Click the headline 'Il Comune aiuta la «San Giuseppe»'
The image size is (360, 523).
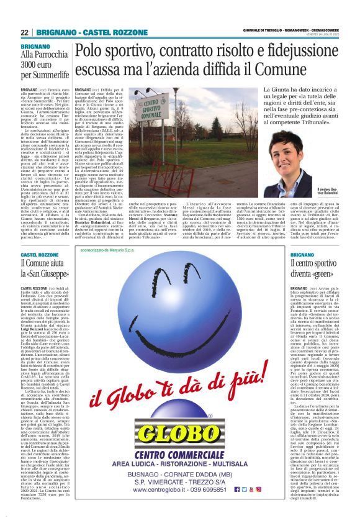[x=44, y=269]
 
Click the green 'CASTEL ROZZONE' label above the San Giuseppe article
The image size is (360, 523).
[x=40, y=255]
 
